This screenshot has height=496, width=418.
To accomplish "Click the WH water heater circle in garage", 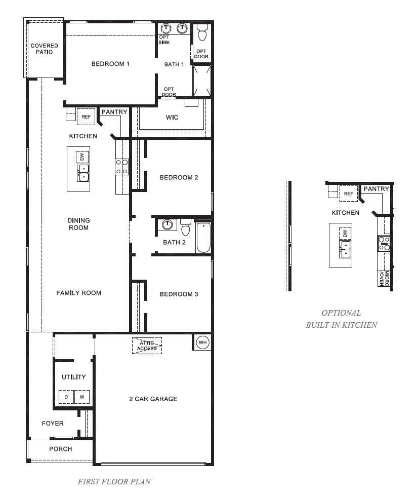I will point(202,343).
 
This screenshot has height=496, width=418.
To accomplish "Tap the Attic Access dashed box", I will point(147,346).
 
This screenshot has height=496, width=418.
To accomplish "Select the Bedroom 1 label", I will point(110,64).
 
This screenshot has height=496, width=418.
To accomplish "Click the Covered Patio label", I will point(44,49).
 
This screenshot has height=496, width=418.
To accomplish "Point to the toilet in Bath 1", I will point(202,33).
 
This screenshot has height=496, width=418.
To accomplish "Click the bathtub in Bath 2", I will point(203,237).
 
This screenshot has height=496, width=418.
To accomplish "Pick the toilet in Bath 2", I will point(185,228).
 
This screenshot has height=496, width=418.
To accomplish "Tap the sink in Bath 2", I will point(166,224).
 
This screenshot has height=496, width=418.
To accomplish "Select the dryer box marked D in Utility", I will point(66,397).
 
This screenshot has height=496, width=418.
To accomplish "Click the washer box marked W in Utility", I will point(82,397).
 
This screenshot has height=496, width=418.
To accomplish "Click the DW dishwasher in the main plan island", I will point(82,157).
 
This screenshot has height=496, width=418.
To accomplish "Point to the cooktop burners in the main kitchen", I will point(122,167).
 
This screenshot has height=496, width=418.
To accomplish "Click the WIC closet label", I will point(172,118).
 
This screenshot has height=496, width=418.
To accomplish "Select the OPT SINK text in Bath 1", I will point(165,40).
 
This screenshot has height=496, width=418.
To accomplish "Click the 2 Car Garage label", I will point(153,399).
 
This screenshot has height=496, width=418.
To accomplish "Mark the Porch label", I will point(60,449).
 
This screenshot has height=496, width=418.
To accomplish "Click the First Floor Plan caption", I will point(114,481).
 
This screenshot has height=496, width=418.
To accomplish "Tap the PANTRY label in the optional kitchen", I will point(376,189).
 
